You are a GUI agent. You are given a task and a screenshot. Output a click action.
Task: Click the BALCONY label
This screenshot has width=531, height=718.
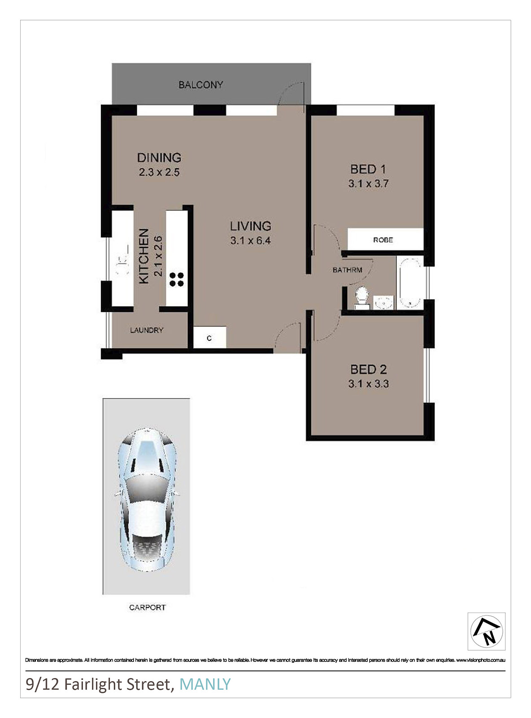(x=200, y=85)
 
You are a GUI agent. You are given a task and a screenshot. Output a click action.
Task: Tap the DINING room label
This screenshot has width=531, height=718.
(x=159, y=158)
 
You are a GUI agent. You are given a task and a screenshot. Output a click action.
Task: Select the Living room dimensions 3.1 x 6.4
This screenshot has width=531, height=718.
(x=250, y=241)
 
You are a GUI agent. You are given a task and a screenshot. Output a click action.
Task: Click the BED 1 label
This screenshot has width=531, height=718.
(x=368, y=169)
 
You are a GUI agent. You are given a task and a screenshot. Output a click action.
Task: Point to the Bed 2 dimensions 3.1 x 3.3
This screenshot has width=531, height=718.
(x=368, y=384)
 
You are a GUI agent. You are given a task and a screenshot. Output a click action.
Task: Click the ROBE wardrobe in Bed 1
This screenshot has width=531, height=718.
(x=386, y=239)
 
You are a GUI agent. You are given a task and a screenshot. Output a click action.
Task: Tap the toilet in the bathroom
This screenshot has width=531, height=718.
(x=361, y=297)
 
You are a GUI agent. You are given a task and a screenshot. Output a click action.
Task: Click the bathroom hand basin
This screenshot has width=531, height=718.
(x=384, y=302)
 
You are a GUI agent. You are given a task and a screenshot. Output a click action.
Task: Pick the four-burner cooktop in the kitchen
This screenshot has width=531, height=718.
(x=177, y=280)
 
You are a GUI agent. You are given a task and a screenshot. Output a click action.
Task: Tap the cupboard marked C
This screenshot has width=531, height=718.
(x=210, y=337)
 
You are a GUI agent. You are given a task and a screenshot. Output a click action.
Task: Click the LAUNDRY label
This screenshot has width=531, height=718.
(x=147, y=330)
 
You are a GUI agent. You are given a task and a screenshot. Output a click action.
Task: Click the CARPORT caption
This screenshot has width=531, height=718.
(x=147, y=607)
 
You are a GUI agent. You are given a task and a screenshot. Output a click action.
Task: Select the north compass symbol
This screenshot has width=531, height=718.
(x=486, y=631)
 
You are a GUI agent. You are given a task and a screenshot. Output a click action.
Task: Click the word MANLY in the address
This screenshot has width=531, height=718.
(x=205, y=684)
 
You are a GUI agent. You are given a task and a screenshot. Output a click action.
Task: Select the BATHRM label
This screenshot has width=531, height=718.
(x=347, y=270)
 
